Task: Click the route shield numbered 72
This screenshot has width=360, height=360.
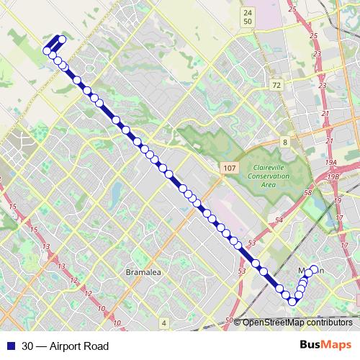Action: (x=276, y=85)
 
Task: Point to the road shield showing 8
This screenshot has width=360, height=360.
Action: (x=285, y=142)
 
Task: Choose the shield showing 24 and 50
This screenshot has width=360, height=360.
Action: (x=248, y=17)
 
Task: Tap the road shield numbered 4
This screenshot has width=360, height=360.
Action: (x=164, y=322)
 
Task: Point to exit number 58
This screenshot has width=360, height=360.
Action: (x=308, y=194)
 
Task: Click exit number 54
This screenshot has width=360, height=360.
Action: (x=279, y=218)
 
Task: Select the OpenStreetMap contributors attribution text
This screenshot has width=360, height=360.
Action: (x=297, y=322)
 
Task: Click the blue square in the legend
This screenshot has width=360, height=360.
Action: (x=9, y=346)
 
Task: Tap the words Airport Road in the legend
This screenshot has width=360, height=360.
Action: (x=79, y=346)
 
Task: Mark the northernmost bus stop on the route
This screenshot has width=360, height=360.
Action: (x=63, y=39)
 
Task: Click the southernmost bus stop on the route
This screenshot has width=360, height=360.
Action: (x=292, y=302)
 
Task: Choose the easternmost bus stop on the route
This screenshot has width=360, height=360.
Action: (x=315, y=270)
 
